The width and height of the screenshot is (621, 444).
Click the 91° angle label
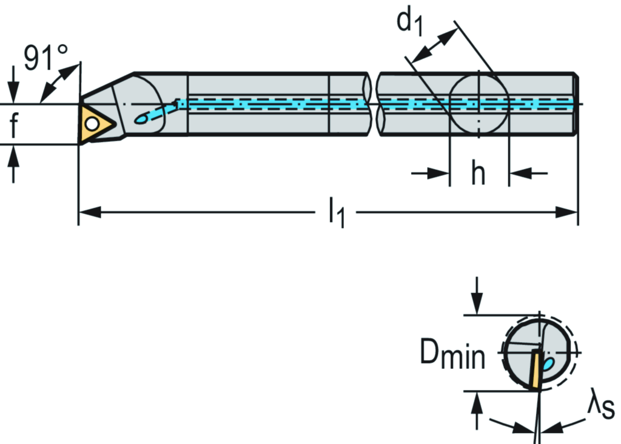pyautogui.click(x=45, y=58)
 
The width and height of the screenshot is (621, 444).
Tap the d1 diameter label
pyautogui.click(x=410, y=21)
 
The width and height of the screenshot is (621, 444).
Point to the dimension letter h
pyautogui.click(x=478, y=175)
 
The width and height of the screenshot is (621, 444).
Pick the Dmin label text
pyautogui.click(x=452, y=356)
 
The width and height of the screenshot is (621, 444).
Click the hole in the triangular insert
pyautogui.click(x=92, y=124)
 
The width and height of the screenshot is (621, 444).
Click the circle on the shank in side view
pyautogui.click(x=479, y=103)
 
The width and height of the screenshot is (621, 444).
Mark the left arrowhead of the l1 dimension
pyautogui.click(x=89, y=213)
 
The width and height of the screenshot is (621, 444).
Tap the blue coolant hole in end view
pyautogui.click(x=548, y=364)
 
